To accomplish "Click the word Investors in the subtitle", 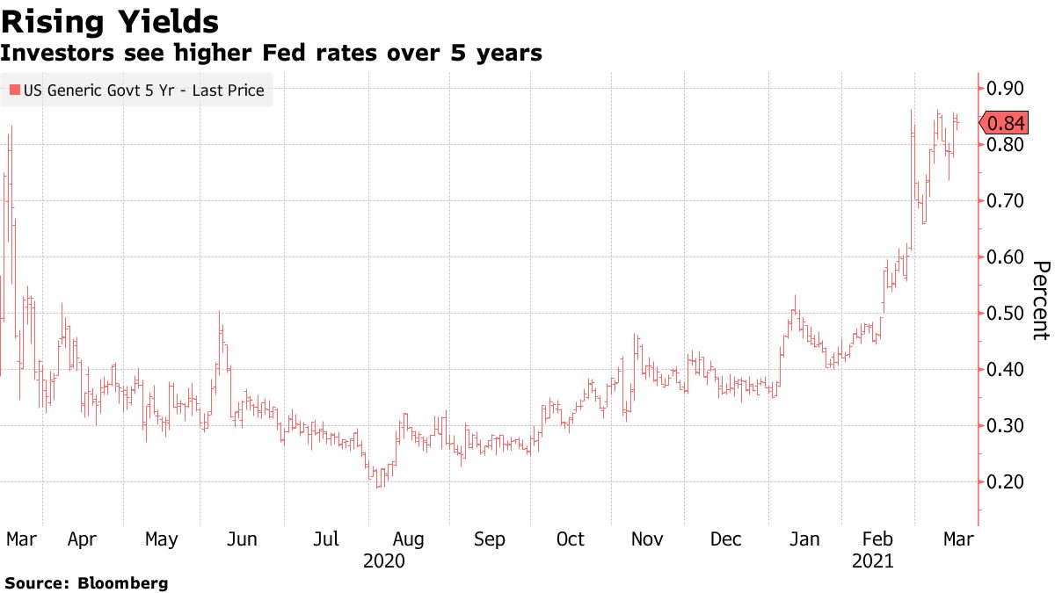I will pyautogui.click(x=52, y=54).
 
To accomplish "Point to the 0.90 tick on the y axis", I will pyautogui.click(x=1005, y=88).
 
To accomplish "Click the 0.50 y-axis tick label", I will pyautogui.click(x=1005, y=313).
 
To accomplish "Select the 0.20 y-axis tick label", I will pyautogui.click(x=1005, y=481).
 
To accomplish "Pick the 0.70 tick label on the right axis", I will pyautogui.click(x=1005, y=200).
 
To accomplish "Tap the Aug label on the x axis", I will pyautogui.click(x=409, y=539).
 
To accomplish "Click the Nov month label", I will pyautogui.click(x=648, y=539).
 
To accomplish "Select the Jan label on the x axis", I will pyautogui.click(x=804, y=539).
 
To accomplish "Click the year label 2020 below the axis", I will pyautogui.click(x=383, y=560).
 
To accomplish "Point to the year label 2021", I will pyautogui.click(x=872, y=560).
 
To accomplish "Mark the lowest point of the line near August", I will pyautogui.click(x=379, y=487).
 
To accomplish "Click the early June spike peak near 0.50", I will pyautogui.click(x=219, y=313).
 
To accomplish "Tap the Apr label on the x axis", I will pyautogui.click(x=82, y=539).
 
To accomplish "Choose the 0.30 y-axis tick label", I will pyautogui.click(x=1005, y=425).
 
